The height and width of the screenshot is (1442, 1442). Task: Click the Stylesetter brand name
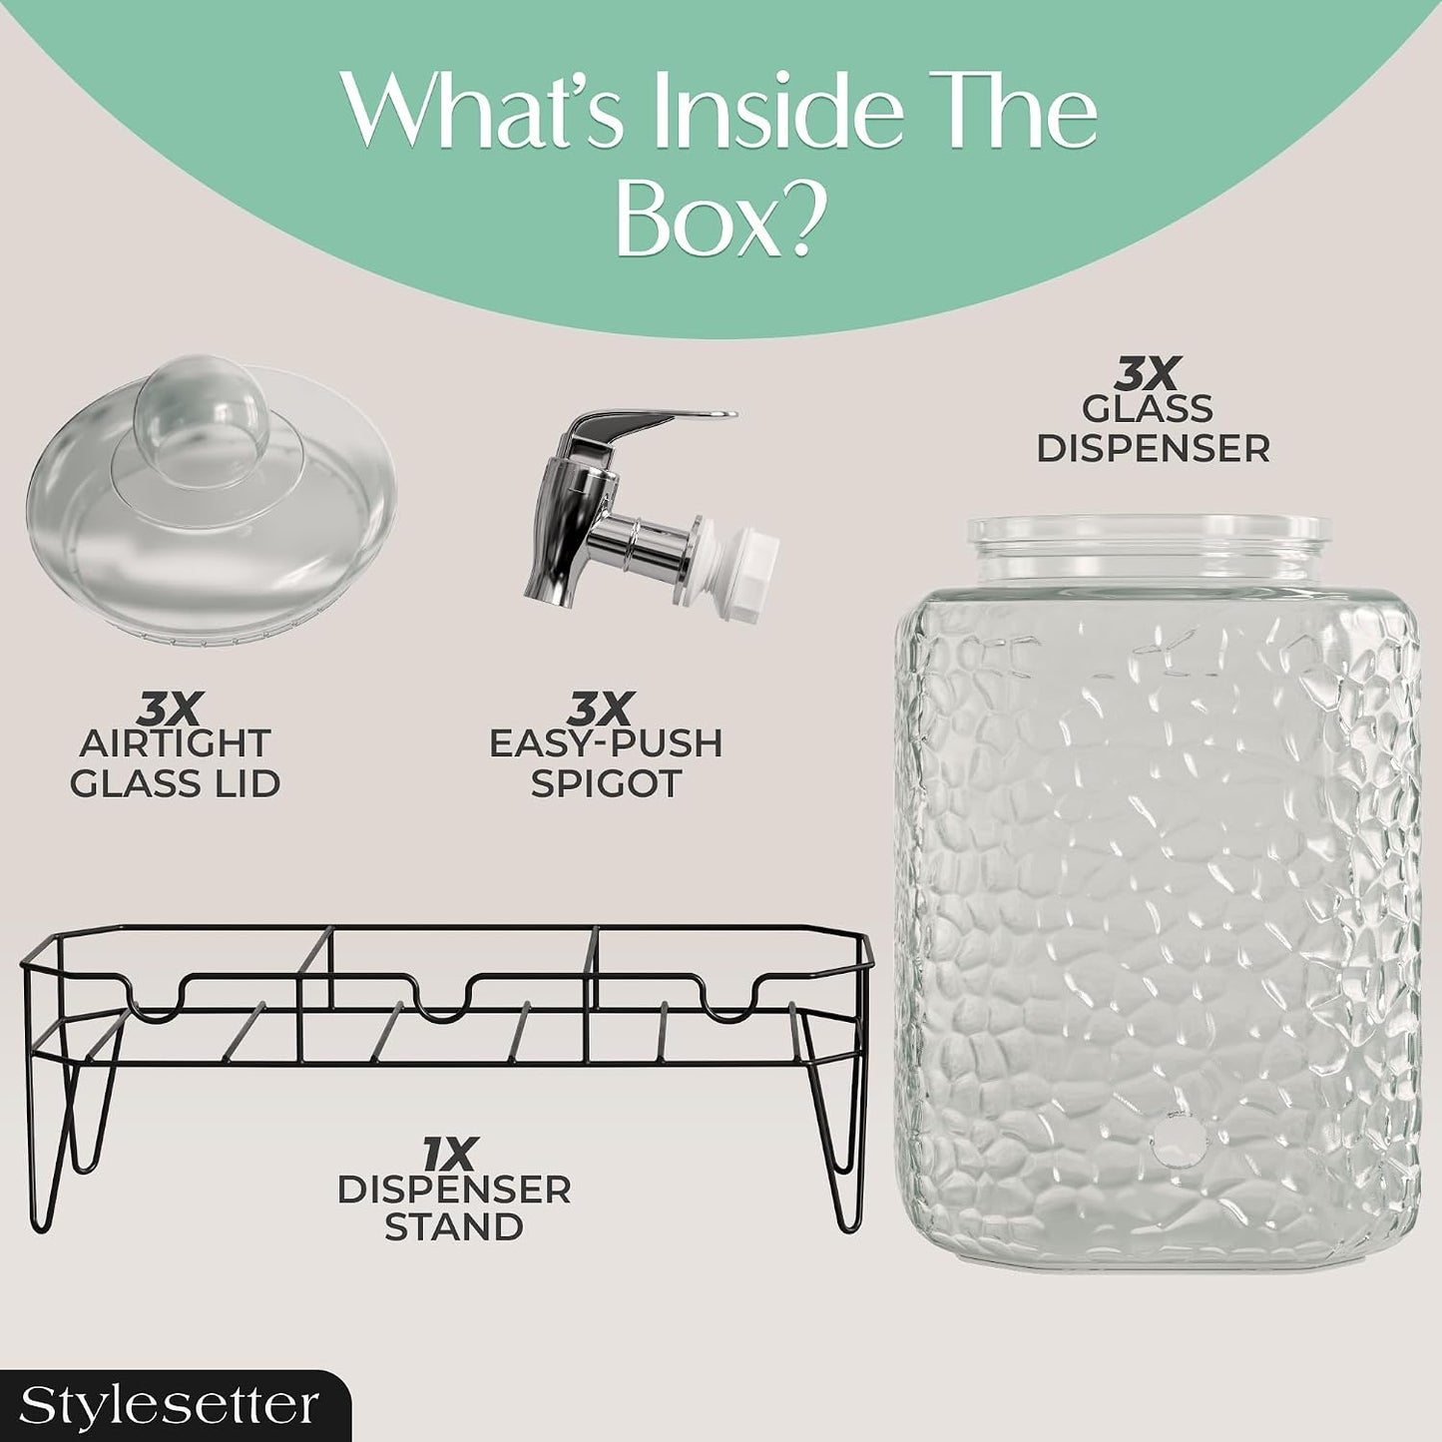[169, 1405]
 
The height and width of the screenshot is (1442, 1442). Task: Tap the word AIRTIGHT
[175, 743]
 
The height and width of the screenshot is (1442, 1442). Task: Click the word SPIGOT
[606, 783]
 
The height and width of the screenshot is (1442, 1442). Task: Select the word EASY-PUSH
[606, 743]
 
